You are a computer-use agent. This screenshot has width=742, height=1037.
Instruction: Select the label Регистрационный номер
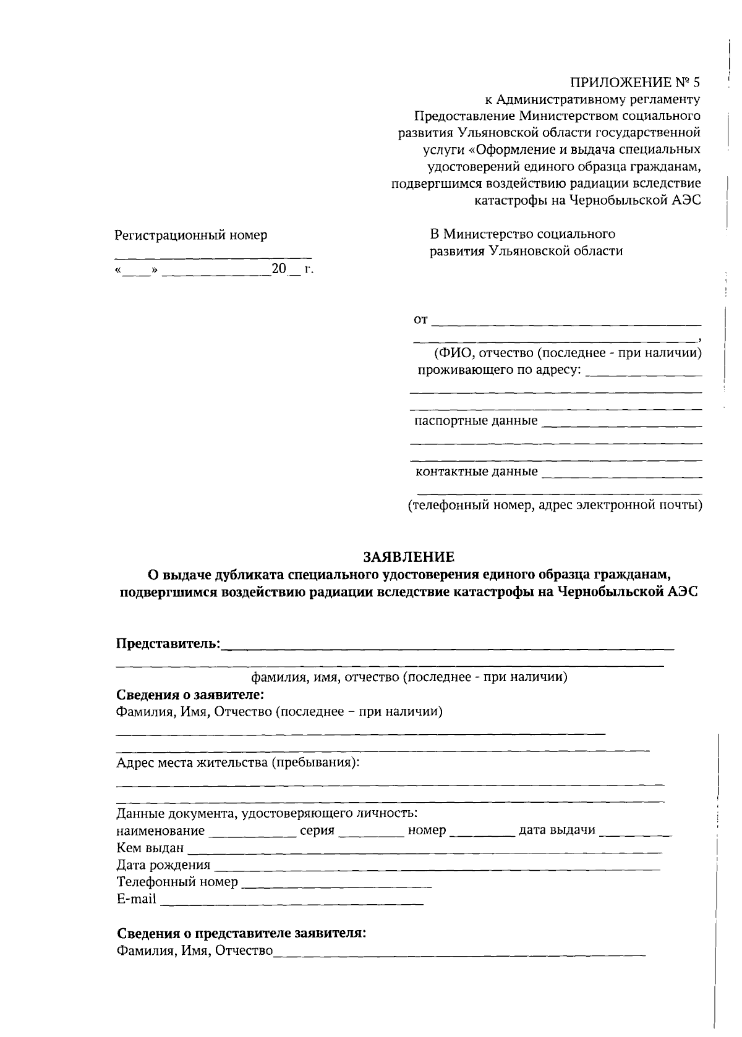pos(191,235)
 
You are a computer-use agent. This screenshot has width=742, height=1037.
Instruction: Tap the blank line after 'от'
pos(566,321)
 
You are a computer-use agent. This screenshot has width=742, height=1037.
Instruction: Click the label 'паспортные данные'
pos(475,421)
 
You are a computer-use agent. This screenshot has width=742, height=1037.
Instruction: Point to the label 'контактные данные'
pos(476,473)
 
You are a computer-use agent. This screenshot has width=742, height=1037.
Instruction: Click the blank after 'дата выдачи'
pos(635,832)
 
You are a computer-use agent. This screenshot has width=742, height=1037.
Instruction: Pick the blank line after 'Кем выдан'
pos(424,849)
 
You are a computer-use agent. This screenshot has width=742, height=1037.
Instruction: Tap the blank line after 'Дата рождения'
pos(437,866)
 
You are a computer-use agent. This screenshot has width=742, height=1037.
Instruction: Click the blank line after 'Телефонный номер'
pos(336,884)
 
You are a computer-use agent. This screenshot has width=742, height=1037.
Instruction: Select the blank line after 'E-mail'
pos(292,901)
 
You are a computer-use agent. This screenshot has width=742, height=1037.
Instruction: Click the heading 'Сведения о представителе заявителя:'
pos(242,933)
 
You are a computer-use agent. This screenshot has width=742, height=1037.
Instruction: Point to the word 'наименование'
pos(160,831)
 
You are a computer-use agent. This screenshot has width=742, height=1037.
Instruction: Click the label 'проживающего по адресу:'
pos(499,370)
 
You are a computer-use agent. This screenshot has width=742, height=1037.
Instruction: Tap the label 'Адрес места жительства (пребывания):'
pos(238,763)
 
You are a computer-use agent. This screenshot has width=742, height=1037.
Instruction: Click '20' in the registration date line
pos(279,269)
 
